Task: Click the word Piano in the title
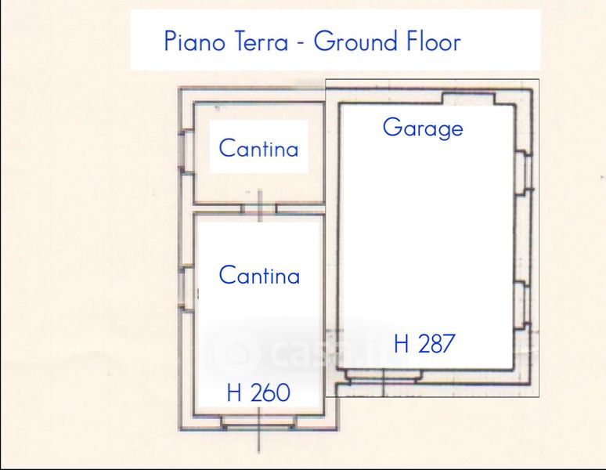[194, 41]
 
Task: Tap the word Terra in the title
[262, 41]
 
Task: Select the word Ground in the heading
[355, 41]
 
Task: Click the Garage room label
[423, 128]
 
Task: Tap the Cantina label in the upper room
[258, 147]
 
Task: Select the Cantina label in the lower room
[259, 275]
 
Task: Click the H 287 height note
[424, 343]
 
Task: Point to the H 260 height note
[258, 392]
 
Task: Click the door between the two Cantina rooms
[259, 208]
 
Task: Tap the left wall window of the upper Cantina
[185, 151]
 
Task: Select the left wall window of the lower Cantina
[185, 287]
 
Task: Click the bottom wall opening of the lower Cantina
[258, 422]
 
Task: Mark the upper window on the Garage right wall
[525, 172]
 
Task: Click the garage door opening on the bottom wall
[383, 376]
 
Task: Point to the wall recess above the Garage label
[468, 98]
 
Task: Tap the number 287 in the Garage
[436, 343]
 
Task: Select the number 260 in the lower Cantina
[270, 392]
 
